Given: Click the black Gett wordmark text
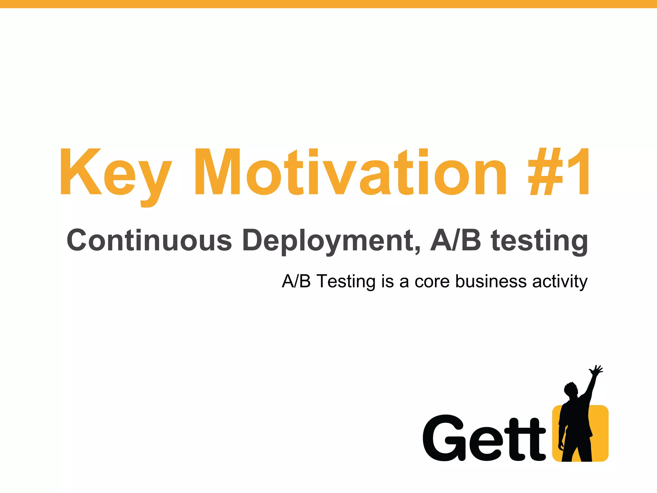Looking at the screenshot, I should click(x=484, y=438).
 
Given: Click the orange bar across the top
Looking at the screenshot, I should click(x=328, y=4).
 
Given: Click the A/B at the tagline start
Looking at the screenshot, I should click(x=296, y=281).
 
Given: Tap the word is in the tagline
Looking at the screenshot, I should click(x=388, y=281).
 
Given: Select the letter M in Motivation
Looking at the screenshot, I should click(x=218, y=172).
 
